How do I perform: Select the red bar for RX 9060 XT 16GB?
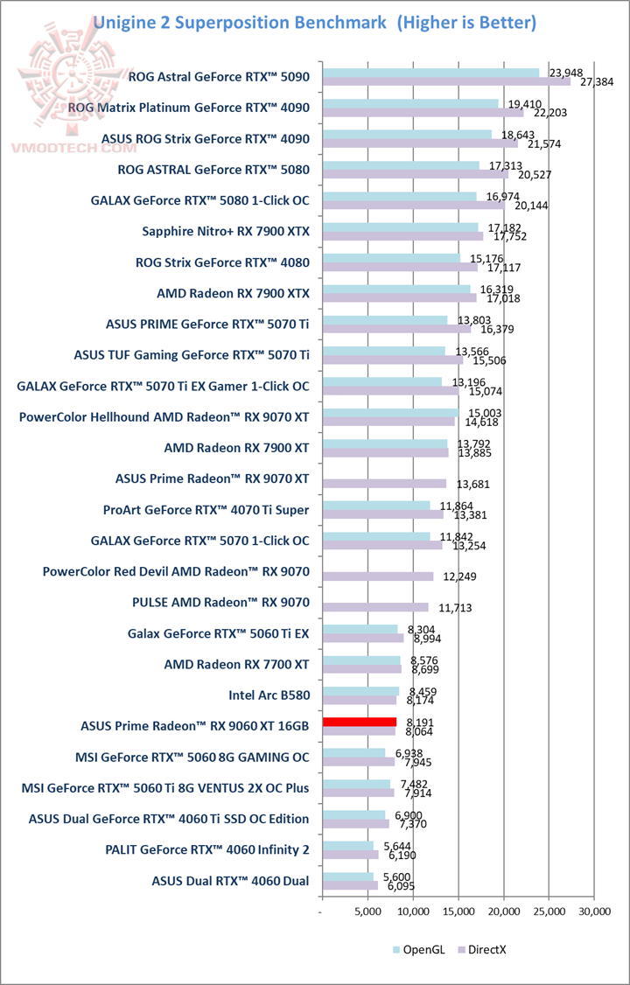pos(359,722)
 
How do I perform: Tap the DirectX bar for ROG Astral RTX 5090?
pos(445,81)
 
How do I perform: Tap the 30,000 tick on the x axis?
pos(594,911)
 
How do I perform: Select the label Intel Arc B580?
pos(269,695)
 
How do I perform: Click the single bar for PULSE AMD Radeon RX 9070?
pos(375,607)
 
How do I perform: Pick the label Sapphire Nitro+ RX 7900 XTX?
pos(226,231)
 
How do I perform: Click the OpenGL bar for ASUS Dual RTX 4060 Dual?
pos(347,877)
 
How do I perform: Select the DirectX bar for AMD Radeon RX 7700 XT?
pos(361,669)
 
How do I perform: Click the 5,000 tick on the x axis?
pos(367,911)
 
